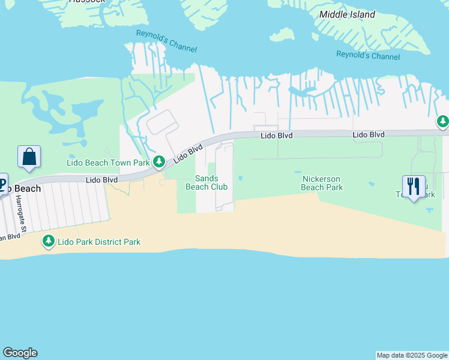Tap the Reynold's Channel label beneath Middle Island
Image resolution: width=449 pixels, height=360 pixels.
(367, 56)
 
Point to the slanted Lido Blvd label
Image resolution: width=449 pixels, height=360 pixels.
(188, 154)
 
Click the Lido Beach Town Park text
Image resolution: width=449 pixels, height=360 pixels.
(107, 163)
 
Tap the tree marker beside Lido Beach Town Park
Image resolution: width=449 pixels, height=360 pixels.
(159, 161)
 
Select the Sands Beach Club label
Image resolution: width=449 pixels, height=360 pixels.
(206, 182)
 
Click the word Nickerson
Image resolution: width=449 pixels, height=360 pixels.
(322, 179)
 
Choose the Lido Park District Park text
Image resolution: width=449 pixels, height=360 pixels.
(99, 242)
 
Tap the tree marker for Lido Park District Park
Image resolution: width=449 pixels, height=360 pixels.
(48, 241)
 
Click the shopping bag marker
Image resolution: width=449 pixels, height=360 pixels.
(29, 158)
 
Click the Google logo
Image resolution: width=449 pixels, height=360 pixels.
(20, 353)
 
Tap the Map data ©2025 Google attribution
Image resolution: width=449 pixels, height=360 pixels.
(412, 355)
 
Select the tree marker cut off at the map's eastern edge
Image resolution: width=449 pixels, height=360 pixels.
(443, 122)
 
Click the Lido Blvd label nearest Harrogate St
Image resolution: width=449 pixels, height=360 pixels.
(101, 179)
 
